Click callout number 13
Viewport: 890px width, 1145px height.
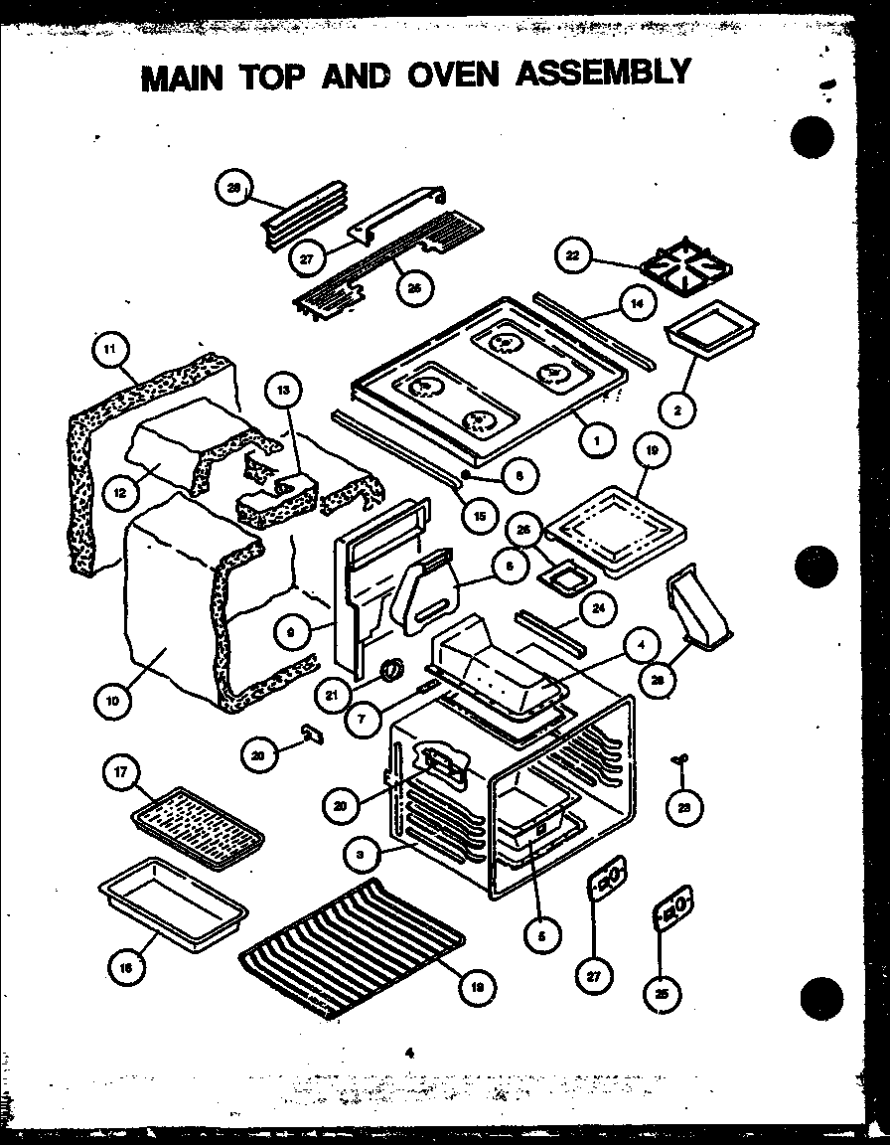tap(284, 391)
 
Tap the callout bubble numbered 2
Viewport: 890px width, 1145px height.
tap(678, 408)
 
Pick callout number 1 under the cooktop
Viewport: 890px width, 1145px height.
tap(597, 441)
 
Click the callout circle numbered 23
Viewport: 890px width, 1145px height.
tap(682, 807)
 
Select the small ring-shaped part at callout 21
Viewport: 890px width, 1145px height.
tap(391, 670)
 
